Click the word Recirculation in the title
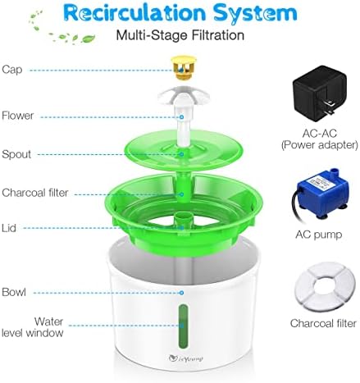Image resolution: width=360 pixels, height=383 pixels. (135, 13)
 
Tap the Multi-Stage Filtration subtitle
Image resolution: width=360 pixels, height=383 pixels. (180, 35)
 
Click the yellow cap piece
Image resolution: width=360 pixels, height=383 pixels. (184, 67)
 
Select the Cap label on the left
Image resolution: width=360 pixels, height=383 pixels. (12, 70)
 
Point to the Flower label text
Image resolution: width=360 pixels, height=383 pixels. (17, 116)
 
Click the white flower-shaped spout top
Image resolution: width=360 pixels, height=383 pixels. (184, 96)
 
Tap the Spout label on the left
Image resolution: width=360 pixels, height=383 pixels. (16, 154)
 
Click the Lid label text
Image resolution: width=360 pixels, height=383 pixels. (9, 228)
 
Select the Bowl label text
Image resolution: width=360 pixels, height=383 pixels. (14, 292)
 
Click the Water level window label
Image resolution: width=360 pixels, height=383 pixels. (33, 327)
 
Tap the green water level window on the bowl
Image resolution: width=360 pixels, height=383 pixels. (184, 327)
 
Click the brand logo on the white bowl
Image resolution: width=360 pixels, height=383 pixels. (186, 358)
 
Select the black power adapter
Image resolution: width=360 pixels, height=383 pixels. (320, 93)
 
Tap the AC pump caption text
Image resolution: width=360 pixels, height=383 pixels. (319, 235)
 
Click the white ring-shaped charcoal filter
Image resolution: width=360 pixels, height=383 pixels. (325, 286)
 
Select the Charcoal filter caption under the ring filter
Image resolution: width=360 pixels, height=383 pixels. (323, 323)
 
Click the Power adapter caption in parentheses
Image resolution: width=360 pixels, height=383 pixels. (320, 145)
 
